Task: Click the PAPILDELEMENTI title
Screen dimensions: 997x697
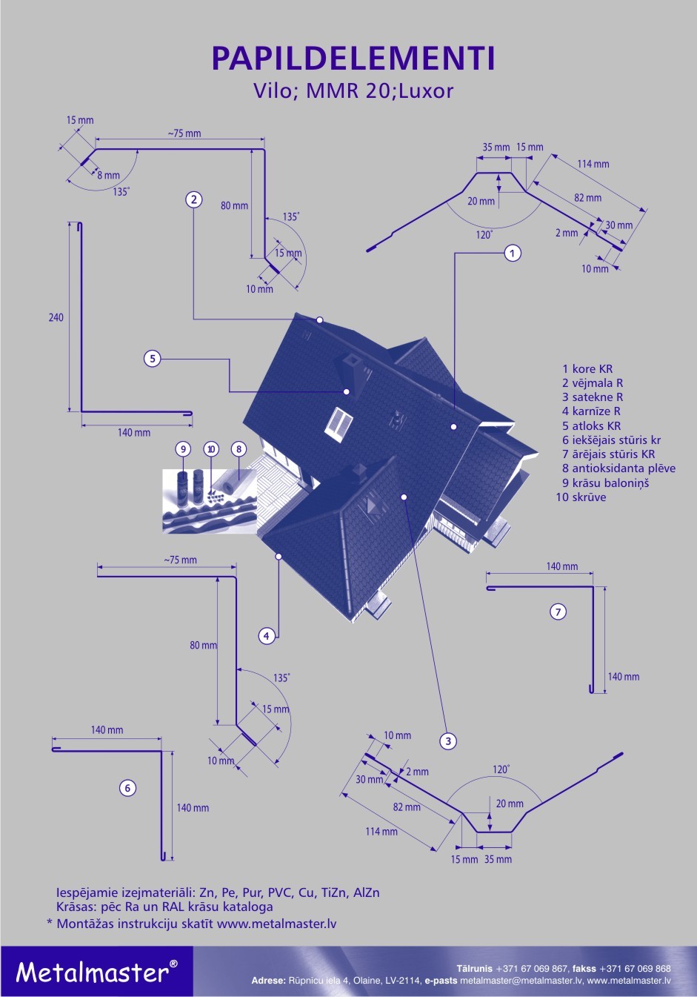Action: tap(353, 59)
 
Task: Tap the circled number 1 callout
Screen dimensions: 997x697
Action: tap(513, 254)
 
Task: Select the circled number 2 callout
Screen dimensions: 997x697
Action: tap(193, 199)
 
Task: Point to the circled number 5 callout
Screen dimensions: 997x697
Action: tap(152, 359)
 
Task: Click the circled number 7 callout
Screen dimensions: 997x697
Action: tap(558, 612)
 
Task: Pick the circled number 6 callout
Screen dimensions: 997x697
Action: tap(127, 788)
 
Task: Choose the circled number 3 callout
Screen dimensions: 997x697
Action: tap(447, 741)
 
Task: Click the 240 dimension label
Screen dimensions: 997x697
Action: tap(56, 317)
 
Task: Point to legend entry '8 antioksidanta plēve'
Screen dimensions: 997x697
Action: tap(618, 468)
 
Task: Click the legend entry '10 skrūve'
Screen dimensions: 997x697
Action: tap(581, 497)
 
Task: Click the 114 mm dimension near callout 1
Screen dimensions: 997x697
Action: tap(593, 164)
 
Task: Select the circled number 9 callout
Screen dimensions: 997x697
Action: tap(183, 448)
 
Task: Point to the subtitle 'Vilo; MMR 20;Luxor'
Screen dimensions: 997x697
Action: tap(353, 91)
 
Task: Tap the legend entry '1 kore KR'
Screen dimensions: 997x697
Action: tap(587, 368)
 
